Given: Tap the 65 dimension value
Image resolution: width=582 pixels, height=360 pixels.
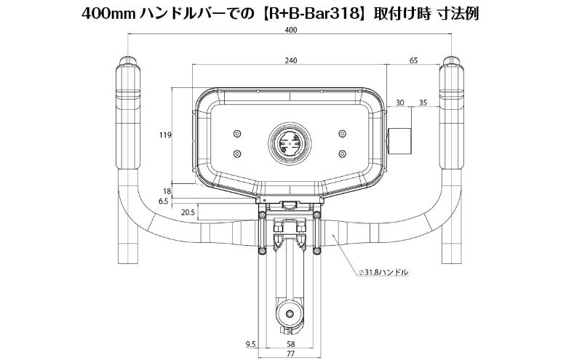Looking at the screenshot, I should click(413, 61).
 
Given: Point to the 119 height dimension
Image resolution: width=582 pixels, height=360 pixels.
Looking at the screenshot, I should click(164, 135).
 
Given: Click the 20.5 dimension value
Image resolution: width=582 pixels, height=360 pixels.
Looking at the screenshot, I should click(187, 212).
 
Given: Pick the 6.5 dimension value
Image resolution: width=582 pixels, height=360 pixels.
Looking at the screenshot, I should click(163, 201).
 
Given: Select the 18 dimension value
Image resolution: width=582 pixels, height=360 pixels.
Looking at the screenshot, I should click(166, 191).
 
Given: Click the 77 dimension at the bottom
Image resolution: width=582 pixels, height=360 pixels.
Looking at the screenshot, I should click(290, 354).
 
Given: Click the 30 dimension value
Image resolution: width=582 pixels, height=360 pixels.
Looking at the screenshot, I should click(399, 103).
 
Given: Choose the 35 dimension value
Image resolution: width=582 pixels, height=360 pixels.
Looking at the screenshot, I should click(423, 103).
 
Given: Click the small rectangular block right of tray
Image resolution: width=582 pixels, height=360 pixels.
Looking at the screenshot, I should click(400, 140).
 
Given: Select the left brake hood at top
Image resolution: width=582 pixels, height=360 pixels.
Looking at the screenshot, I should click(127, 87).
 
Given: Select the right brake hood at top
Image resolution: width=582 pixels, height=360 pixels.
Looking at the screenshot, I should click(452, 87).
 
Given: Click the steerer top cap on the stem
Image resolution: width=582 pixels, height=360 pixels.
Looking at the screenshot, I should click(290, 315).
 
